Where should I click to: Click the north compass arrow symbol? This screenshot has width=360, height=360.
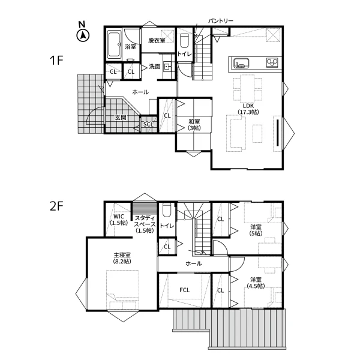coord(83,35)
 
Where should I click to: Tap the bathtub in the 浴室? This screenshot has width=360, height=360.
coord(114,44)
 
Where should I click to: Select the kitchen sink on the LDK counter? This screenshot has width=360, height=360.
coord(241,63)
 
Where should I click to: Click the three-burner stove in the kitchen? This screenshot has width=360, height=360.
coord(272,62)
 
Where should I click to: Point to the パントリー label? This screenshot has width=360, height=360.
coord(221,21)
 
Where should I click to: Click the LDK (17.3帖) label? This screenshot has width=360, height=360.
coord(248,109)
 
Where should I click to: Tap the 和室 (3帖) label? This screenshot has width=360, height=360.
coord(194,125)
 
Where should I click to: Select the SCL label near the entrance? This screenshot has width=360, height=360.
coord(148,124)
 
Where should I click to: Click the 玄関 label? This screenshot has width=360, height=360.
coord(121,118)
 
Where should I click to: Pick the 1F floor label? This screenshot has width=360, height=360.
coord(56,61)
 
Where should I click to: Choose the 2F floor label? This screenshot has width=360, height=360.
coord(56,206)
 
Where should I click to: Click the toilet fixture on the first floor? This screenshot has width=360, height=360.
coord(184,40)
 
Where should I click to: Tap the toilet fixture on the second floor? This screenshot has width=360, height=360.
coord(167,210)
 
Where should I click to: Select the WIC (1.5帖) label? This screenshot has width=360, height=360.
coord(119,220)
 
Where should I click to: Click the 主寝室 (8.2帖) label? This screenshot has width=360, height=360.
coord(122,258)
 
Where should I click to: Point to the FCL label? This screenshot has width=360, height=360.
coord(185,290)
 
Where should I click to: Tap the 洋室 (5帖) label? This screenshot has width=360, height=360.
coord(256,230)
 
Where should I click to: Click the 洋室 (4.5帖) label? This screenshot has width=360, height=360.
coord(256,283)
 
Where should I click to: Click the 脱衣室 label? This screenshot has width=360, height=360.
coord(157,41)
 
